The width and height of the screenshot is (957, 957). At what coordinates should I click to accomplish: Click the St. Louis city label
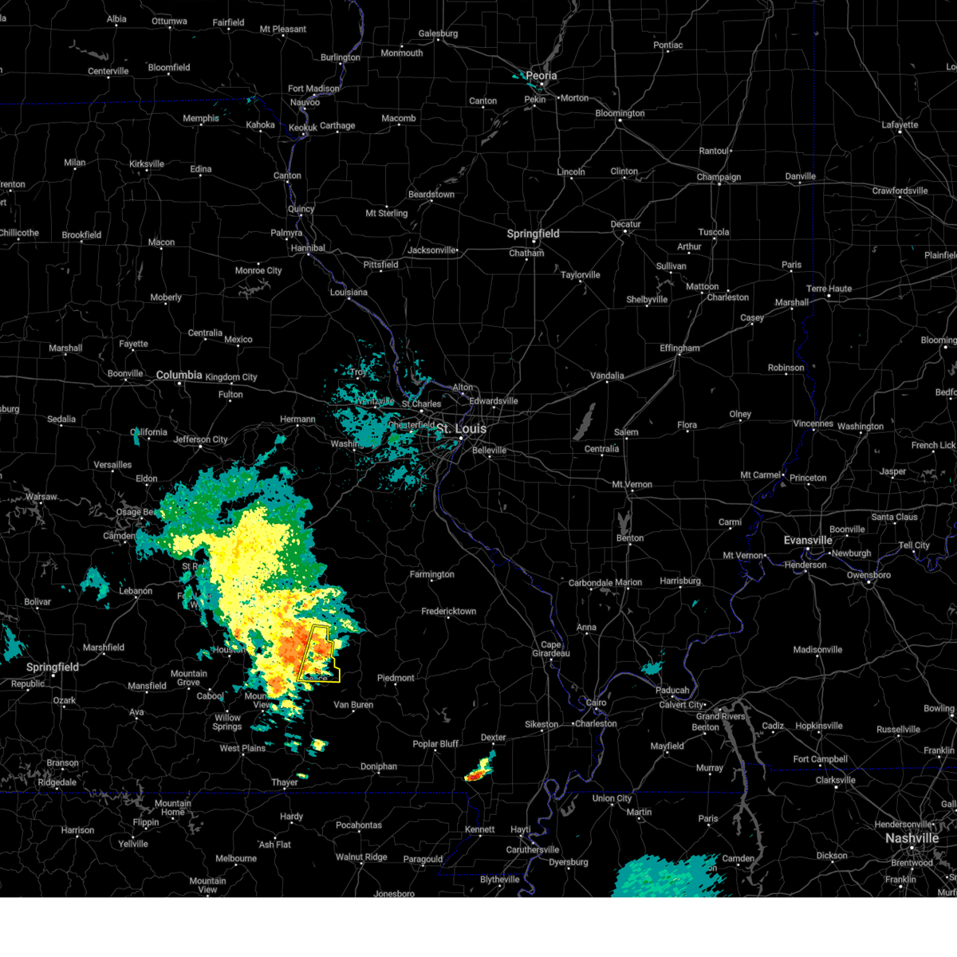coord(461,429)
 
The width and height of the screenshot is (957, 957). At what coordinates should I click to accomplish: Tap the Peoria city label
coord(541,76)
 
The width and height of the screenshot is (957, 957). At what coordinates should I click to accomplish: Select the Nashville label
coord(912,838)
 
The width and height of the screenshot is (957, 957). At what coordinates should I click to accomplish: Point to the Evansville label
coord(808,540)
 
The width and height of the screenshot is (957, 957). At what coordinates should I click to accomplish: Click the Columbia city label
coord(179,375)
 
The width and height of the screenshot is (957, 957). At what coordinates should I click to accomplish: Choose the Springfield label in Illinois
coord(533,234)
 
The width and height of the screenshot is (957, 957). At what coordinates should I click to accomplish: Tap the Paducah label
coord(672,691)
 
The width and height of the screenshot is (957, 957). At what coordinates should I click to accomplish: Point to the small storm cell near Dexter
coord(479,770)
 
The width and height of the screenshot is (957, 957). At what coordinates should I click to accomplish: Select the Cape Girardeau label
coord(551,649)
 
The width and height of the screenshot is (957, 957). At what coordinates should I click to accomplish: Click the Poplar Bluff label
coord(435,744)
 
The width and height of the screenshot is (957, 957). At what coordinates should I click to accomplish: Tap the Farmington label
coord(431,574)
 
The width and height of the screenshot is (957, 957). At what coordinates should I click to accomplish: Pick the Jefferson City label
coord(201,439)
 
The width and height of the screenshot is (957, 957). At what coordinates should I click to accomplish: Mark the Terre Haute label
coord(829,289)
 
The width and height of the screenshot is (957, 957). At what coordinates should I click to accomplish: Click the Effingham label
coord(679,349)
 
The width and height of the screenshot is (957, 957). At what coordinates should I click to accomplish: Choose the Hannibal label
coord(308,248)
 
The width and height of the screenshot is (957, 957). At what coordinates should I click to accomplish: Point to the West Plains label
coord(242,748)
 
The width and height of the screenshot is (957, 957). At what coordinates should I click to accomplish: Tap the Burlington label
coord(341,57)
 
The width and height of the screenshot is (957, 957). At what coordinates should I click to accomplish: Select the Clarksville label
coord(835,780)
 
